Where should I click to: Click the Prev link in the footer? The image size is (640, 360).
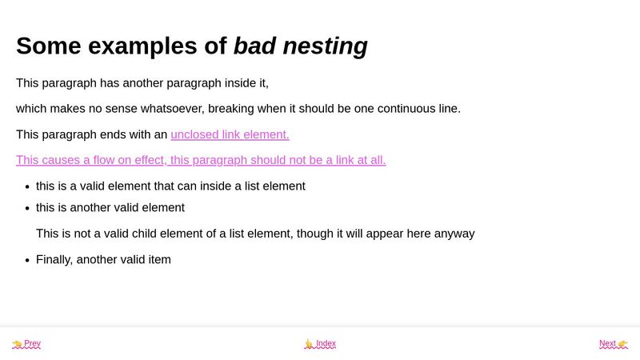tap(32, 344)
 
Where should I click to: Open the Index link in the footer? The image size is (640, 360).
tap(326, 344)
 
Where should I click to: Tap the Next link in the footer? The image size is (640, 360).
tap(607, 344)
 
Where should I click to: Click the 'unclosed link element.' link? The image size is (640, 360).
tap(230, 134)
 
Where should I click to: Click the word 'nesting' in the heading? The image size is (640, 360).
tap(325, 46)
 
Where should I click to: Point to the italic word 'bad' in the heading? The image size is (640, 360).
tap(254, 46)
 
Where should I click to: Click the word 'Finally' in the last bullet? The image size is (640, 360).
tap(54, 259)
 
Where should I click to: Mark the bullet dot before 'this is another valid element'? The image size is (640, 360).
tap(27, 208)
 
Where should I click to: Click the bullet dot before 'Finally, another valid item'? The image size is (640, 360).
tap(27, 260)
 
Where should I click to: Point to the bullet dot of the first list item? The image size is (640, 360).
tap(27, 186)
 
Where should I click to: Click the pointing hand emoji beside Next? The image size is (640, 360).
tap(622, 344)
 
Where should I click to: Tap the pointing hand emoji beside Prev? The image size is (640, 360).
tap(17, 344)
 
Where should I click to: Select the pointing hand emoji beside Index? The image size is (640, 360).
tap(309, 344)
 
